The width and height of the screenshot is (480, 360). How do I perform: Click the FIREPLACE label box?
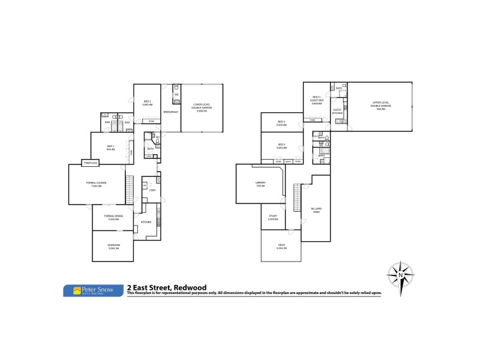click(x=91, y=162)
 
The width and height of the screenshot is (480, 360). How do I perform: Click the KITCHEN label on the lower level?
click(x=146, y=222)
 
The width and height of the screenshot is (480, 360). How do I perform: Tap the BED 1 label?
click(x=110, y=147)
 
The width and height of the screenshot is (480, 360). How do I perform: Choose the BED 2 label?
click(x=147, y=103)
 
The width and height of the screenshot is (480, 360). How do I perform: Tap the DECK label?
click(x=281, y=246)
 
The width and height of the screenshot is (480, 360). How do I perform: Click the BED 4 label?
click(x=281, y=123)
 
